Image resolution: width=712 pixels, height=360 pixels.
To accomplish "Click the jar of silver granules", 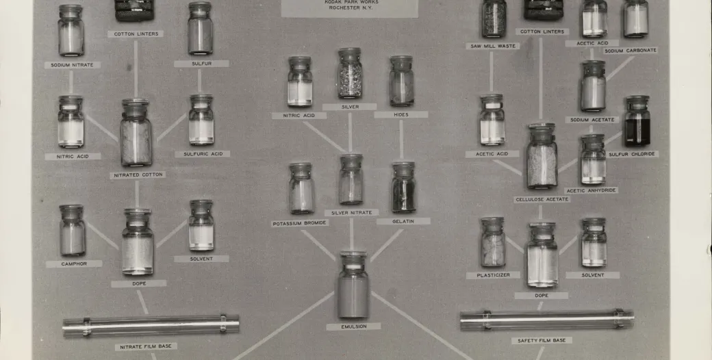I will (349, 74).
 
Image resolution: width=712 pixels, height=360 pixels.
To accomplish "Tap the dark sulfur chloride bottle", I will (637, 122).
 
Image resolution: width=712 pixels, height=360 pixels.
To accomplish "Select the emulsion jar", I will (353, 285).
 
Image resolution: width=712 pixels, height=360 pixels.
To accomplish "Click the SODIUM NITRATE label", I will (72, 65).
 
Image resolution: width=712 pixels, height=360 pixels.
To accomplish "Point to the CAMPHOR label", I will (73, 263).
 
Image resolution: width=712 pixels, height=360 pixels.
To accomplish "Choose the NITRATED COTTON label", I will (138, 175).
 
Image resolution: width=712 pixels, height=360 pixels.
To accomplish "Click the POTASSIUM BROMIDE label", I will (300, 223).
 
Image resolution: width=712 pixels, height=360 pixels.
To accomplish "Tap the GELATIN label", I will (403, 221).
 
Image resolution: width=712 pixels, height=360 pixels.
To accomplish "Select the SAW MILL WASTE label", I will (493, 46).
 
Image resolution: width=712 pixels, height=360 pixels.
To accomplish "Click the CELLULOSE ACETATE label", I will (542, 199).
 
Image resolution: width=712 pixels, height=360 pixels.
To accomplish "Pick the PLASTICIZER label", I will (493, 275).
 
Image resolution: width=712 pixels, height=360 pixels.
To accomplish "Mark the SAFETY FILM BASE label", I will (542, 340).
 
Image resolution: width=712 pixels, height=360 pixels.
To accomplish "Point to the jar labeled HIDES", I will (401, 81).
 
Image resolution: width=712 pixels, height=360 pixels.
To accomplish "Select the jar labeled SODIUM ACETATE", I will (592, 86).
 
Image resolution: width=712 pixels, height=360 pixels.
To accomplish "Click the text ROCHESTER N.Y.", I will (350, 8).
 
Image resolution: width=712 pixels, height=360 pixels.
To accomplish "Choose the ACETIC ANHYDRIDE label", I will (591, 190).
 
